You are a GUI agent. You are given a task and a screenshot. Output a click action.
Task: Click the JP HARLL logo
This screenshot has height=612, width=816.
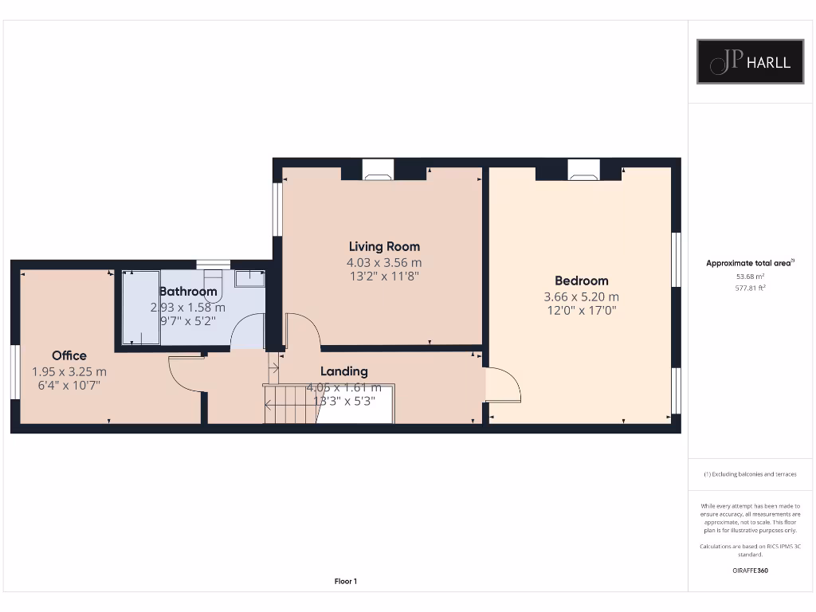coord(751,61)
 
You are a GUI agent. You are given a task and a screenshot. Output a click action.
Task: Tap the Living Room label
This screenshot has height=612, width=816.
coord(384,246)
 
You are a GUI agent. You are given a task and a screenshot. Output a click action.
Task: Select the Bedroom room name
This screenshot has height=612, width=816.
coord(581,280)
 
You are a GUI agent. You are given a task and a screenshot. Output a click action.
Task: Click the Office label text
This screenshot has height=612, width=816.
coord(69,355)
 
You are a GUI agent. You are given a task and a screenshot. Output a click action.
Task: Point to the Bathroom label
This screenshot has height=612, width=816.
coord(188,292)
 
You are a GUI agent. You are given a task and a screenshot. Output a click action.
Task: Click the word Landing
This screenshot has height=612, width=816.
coord(344,371)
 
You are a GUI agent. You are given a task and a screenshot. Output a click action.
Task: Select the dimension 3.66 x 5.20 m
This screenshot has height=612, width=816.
coord(581,296)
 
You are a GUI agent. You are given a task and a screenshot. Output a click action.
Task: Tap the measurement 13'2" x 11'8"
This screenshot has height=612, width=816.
coord(383,277)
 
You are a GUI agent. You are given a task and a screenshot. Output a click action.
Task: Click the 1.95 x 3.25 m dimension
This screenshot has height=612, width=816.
coord(69,371)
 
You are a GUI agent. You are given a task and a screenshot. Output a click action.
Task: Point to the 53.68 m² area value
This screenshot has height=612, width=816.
coord(750,277)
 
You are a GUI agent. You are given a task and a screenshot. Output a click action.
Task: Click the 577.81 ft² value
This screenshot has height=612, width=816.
coord(750,288)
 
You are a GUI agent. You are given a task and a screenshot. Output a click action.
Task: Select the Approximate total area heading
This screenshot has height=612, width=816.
coord(750,263)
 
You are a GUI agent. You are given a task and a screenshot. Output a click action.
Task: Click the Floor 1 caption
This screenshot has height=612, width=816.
coord(345,581)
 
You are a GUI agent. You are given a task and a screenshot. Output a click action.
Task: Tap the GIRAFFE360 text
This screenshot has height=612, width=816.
coord(750,571)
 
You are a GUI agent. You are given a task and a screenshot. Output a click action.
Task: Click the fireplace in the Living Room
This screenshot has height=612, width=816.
coord(378,168)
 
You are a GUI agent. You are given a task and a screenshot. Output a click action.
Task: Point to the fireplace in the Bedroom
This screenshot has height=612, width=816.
coord(583,168)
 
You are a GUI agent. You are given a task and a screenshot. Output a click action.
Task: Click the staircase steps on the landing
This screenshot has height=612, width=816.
coord(290,403)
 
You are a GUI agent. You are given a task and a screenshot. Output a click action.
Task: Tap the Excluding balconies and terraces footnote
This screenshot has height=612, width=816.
coord(750,474)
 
